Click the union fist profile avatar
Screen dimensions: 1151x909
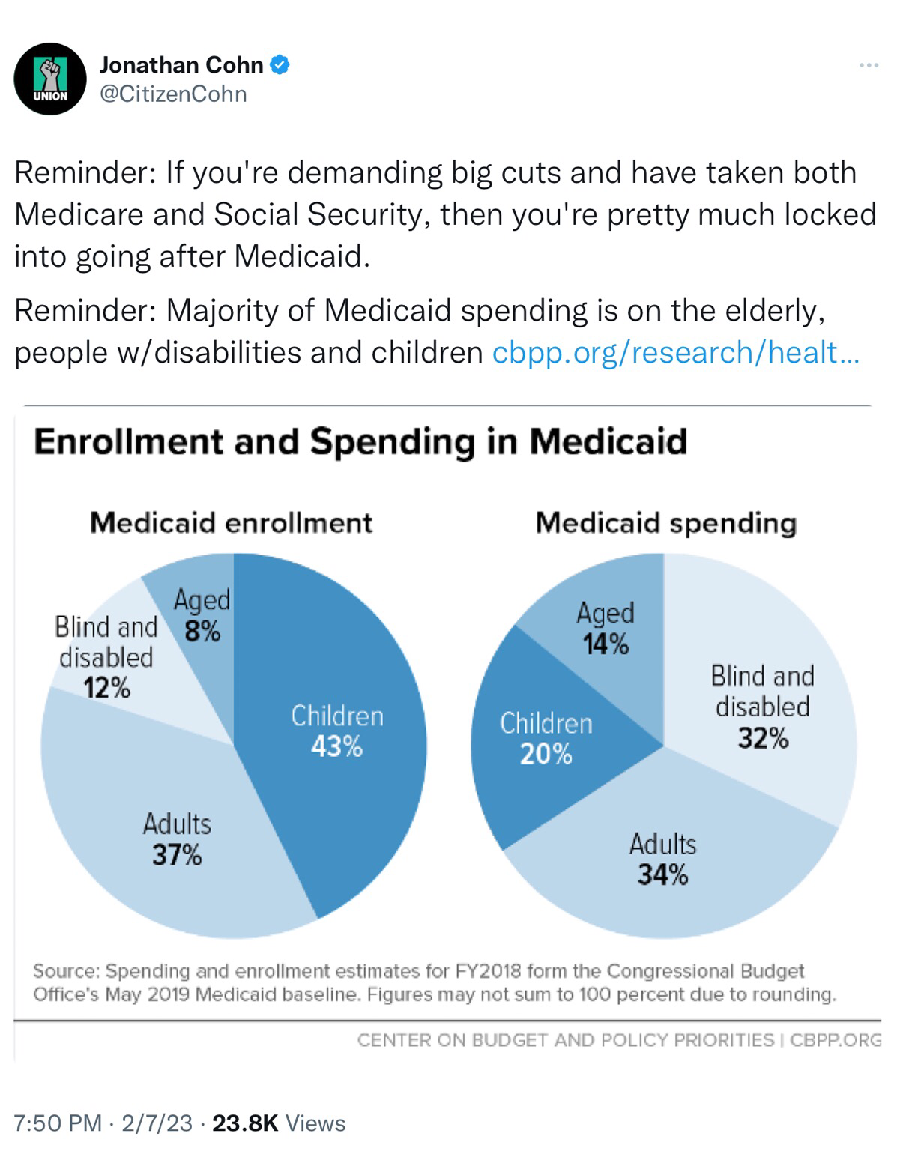pyautogui.click(x=51, y=79)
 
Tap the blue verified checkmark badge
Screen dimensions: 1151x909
pyautogui.click(x=280, y=65)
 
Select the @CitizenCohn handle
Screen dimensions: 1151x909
pyautogui.click(x=173, y=94)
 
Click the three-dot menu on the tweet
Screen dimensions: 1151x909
pyautogui.click(x=869, y=66)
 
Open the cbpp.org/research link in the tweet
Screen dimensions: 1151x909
pyautogui.click(x=675, y=352)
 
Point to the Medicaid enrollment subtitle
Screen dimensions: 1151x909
pyautogui.click(x=231, y=522)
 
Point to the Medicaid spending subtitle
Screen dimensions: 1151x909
pyautogui.click(x=665, y=522)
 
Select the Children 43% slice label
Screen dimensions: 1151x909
pyautogui.click(x=337, y=731)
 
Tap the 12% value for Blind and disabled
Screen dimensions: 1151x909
pyautogui.click(x=106, y=687)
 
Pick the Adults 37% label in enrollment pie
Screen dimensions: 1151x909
pyautogui.click(x=177, y=839)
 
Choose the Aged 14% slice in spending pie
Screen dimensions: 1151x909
pyautogui.click(x=606, y=628)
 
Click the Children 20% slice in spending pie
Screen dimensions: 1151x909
pyautogui.click(x=546, y=738)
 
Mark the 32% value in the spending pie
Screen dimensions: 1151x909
pyautogui.click(x=763, y=739)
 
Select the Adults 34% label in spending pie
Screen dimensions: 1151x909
pyautogui.click(x=662, y=859)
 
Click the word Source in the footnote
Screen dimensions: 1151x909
pyautogui.click(x=65, y=971)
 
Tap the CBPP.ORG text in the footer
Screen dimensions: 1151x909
pyautogui.click(x=835, y=1040)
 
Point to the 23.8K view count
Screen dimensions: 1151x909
pyautogui.click(x=245, y=1123)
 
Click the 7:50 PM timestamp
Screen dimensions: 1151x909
pyautogui.click(x=58, y=1123)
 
